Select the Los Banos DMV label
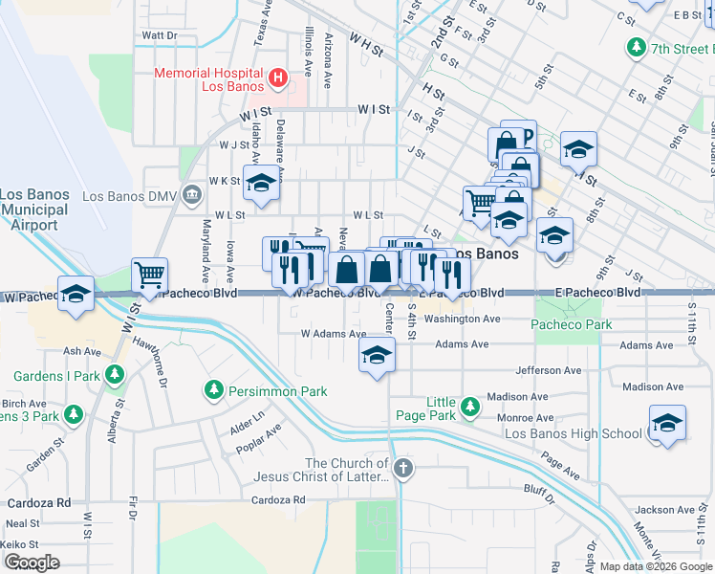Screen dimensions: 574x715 pyautogui.click(x=130, y=196)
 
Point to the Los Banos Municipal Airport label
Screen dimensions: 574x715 pyautogui.click(x=35, y=210)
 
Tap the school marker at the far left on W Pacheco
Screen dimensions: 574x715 pyautogui.click(x=76, y=295)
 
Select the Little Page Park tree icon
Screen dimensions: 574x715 pyautogui.click(x=469, y=408)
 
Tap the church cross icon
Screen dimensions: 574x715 pyautogui.click(x=403, y=469)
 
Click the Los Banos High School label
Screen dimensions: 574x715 pyautogui.click(x=573, y=433)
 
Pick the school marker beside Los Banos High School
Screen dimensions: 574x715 pyautogui.click(x=667, y=424)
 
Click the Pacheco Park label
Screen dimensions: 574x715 pyautogui.click(x=571, y=325)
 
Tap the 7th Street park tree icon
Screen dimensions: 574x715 pyautogui.click(x=636, y=47)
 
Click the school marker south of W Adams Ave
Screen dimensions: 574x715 pyautogui.click(x=378, y=356)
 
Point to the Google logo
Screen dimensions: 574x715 pyautogui.click(x=32, y=562)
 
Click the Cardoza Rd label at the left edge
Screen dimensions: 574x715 pyautogui.click(x=37, y=502)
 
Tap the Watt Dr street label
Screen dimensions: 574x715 pyautogui.click(x=160, y=35)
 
